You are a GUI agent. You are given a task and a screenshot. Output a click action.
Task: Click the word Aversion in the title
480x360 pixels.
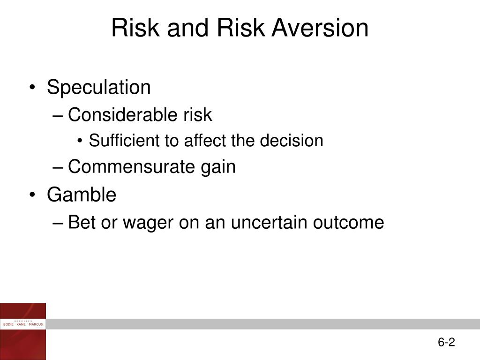pos(320,28)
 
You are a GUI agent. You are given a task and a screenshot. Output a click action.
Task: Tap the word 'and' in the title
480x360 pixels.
pos(187,28)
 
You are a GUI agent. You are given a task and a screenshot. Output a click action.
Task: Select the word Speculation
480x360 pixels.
pos(98,88)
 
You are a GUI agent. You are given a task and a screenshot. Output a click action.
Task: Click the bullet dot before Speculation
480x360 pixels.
pos(32,88)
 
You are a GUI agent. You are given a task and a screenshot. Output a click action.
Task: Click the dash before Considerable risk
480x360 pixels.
pos(57,116)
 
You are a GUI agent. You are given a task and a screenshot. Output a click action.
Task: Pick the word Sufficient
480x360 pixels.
pos(124,141)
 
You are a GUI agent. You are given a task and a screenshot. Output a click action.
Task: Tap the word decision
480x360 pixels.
pos(292,141)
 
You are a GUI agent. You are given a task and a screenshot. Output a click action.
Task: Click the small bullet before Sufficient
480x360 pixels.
pos(80,141)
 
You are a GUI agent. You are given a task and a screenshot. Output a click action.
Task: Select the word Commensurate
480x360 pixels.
pos(131,166)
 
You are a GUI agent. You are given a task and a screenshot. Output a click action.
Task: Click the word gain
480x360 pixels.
pos(218,168)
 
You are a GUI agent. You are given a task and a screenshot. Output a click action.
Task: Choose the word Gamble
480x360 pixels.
pos(82,195)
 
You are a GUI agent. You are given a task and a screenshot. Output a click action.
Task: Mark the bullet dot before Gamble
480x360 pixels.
pos(32,195)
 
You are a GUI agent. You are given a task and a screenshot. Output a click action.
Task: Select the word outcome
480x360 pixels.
pos(348,222)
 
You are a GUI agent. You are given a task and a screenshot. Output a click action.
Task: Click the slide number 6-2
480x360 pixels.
pos(446,342)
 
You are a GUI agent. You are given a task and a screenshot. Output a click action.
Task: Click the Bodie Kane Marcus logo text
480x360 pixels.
pos(23,324)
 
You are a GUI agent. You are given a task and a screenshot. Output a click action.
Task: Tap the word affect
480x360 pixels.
pos(204,141)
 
